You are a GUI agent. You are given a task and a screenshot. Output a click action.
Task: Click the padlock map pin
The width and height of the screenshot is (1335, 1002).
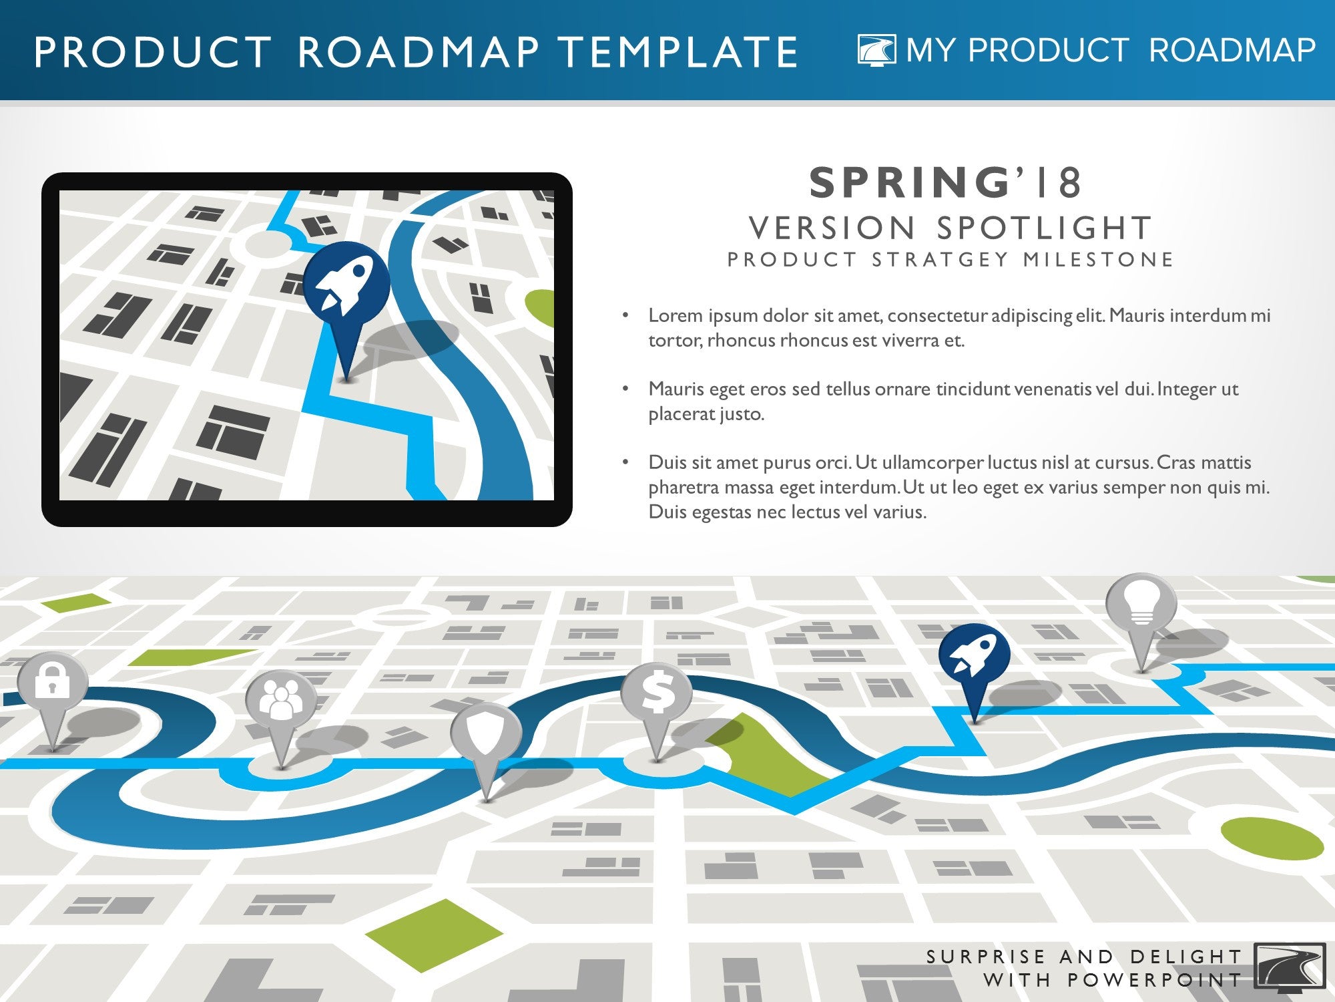tap(52, 688)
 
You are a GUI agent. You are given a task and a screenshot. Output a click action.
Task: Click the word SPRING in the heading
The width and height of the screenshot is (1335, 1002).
tap(910, 182)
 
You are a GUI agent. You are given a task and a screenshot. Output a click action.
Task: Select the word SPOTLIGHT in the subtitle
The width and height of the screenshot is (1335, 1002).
tap(1045, 228)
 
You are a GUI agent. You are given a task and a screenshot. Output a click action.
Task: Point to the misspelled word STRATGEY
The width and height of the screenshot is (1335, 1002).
tap(941, 259)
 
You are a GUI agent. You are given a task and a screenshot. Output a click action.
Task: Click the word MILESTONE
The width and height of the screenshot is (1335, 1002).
tap(1099, 259)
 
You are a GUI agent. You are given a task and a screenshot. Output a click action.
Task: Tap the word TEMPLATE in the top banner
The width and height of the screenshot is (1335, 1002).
tap(678, 52)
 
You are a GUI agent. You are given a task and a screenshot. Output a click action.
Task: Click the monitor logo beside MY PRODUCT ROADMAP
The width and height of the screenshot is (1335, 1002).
tap(877, 50)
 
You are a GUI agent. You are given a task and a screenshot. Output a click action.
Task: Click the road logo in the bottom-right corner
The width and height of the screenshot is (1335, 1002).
tap(1290, 965)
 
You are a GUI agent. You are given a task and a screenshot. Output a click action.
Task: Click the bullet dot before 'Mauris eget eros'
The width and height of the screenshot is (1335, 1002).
tap(625, 388)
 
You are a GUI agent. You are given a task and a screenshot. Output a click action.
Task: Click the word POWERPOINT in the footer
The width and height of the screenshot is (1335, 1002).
tap(1155, 980)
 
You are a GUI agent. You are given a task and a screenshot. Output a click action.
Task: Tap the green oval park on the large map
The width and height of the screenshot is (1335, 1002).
tap(1272, 838)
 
